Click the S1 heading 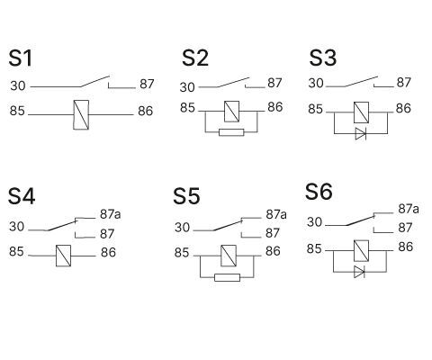pos(21,59)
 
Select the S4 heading pos(22,197)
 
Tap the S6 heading pos(319,192)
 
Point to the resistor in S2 pos(231,132)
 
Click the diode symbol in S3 pos(360,133)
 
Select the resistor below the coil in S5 pos(227,276)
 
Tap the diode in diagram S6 pos(360,270)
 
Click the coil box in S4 pos(64,254)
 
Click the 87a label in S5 pos(275,215)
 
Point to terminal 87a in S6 pos(409,209)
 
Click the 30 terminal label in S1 pos(18,86)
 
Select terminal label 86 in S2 pos(274,107)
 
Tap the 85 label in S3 pos(316,109)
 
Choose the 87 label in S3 pos(404,83)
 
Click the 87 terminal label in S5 pos(273,233)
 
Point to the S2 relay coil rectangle pos(231,111)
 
